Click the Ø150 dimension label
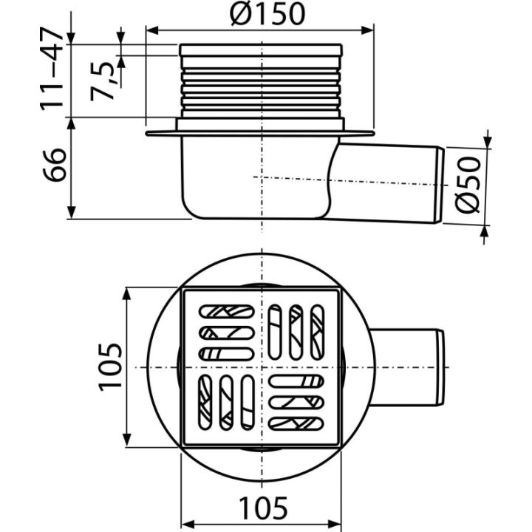click(x=267, y=14)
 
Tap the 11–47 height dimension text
click(x=52, y=69)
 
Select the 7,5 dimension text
click(x=103, y=81)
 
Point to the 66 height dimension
click(x=54, y=165)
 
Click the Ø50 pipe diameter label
click(x=468, y=185)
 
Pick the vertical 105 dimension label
click(x=110, y=367)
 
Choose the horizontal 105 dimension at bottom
click(x=263, y=508)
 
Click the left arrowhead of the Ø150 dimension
click(x=152, y=30)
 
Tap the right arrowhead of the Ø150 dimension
click(x=367, y=30)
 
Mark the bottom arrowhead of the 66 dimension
click(x=71, y=212)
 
